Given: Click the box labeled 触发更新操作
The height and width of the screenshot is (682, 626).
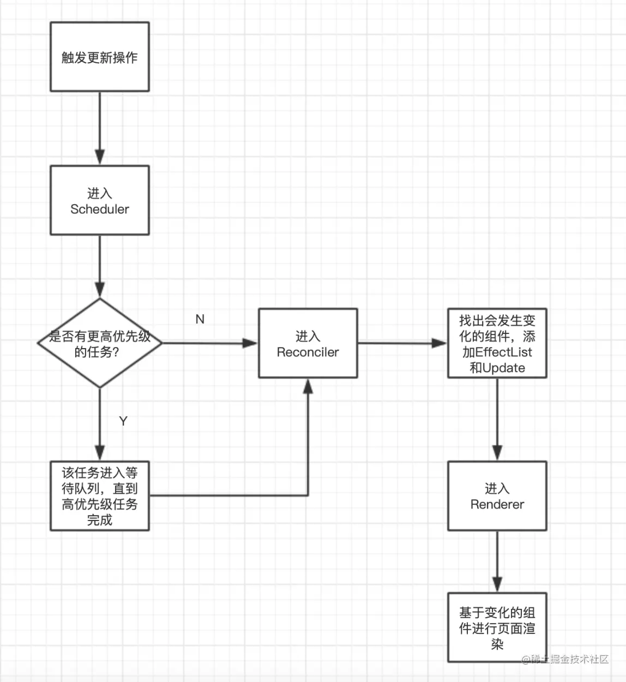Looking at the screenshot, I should click(100, 57).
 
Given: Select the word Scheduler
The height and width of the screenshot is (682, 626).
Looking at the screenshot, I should click(100, 210).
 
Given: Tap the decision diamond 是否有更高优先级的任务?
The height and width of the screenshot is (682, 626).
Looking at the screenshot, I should click(100, 343).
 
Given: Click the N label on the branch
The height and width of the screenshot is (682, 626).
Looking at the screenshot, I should click(200, 319).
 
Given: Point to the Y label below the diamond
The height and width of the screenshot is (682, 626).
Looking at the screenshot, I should click(123, 421).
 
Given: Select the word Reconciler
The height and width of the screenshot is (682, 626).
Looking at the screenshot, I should click(308, 352).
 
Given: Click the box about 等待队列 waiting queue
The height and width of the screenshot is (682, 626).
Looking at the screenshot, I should click(100, 496).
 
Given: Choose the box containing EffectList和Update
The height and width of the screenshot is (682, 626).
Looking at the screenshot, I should click(497, 343).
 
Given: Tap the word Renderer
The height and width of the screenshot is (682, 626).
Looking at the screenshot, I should click(497, 505).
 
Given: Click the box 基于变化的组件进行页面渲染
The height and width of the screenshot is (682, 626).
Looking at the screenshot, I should click(497, 627).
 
